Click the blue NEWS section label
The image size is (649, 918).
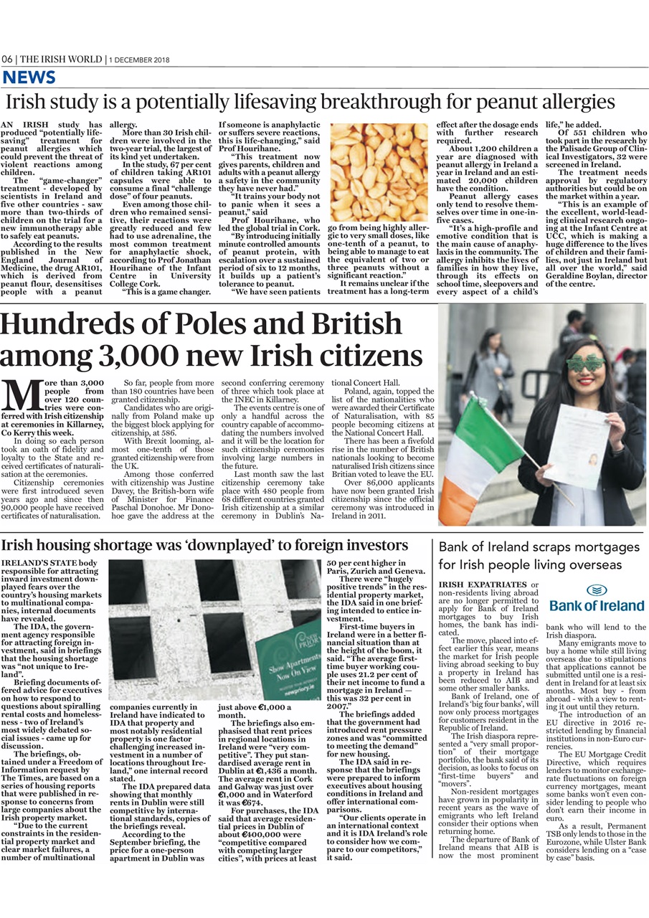pos(29,77)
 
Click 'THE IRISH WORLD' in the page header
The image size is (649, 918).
pos(61,60)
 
